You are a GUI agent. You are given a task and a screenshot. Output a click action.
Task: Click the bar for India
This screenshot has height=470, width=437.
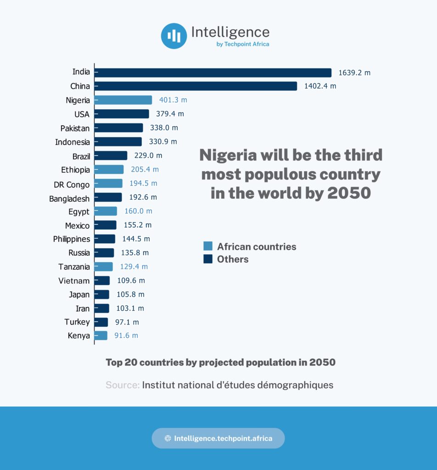click(213, 73)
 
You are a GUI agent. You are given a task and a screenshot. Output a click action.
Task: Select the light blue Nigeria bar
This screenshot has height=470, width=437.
click(123, 100)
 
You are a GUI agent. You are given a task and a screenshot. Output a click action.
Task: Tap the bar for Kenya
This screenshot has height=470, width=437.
click(101, 336)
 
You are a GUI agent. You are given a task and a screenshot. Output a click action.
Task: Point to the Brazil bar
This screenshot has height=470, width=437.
click(111, 156)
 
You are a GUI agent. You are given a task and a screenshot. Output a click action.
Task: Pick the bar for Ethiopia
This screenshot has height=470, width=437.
click(109, 169)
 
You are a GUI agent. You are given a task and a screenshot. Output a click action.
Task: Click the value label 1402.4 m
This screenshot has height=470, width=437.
click(320, 86)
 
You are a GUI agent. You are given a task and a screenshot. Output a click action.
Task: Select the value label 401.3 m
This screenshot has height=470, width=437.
click(173, 100)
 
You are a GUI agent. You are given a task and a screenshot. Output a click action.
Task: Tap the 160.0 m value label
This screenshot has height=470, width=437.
click(138, 211)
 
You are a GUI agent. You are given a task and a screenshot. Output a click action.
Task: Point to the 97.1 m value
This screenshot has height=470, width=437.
click(127, 322)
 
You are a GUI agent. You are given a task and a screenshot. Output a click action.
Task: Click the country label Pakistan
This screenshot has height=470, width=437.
click(75, 128)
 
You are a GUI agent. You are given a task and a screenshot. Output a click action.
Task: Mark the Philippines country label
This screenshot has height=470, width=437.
click(71, 239)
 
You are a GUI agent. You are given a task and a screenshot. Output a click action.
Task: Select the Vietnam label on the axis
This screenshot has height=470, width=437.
click(74, 280)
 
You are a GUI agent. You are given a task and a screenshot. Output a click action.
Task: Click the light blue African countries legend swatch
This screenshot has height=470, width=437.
click(208, 246)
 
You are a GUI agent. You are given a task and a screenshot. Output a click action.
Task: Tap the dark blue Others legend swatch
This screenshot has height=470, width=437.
click(208, 259)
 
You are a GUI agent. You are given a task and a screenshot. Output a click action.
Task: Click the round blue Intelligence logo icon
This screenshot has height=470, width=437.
click(174, 36)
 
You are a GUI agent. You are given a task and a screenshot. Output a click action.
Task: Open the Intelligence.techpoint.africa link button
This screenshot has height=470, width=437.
click(218, 438)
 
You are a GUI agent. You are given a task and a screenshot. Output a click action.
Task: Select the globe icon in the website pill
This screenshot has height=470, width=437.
click(168, 438)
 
